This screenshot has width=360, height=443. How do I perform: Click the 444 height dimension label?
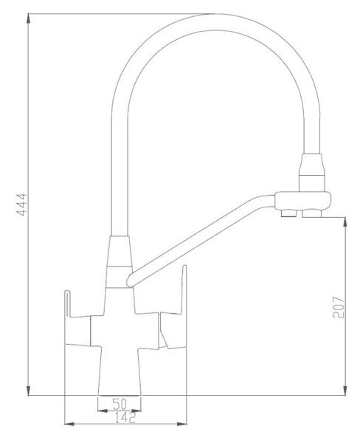pyautogui.click(x=22, y=205)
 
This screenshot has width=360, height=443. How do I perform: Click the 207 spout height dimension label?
pyautogui.click(x=339, y=307)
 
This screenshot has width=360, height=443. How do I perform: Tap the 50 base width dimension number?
pyautogui.click(x=120, y=404)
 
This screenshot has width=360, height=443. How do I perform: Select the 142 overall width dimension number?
pyautogui.click(x=125, y=418)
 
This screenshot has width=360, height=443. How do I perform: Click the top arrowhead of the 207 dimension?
pyautogui.click(x=345, y=222)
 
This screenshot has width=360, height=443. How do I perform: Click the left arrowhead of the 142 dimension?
pyautogui.click(x=69, y=424)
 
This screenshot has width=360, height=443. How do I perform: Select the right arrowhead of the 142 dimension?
pyautogui.click(x=181, y=424)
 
